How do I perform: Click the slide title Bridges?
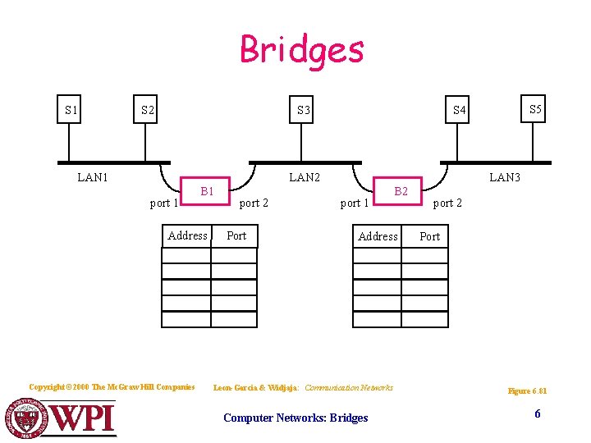click(x=301, y=49)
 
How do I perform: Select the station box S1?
click(x=71, y=110)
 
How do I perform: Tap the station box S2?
click(x=146, y=110)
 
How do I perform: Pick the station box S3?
click(x=304, y=110)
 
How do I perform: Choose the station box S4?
click(x=459, y=110)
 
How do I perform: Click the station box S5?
click(x=534, y=109)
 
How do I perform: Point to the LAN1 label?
click(x=93, y=176)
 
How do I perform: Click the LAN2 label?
click(x=305, y=176)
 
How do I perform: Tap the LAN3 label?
click(x=504, y=176)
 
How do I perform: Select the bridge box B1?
click(x=208, y=192)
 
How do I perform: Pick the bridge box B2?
click(x=401, y=192)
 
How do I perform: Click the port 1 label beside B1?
click(x=164, y=203)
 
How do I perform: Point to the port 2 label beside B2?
click(x=448, y=203)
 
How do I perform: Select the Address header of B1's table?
click(x=187, y=236)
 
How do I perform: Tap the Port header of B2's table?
click(x=429, y=237)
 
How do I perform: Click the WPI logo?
click(x=62, y=418)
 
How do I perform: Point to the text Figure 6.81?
click(x=527, y=391)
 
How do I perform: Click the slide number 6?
click(x=538, y=414)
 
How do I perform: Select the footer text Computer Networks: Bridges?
click(x=295, y=418)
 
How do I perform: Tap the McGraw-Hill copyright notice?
click(x=112, y=387)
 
